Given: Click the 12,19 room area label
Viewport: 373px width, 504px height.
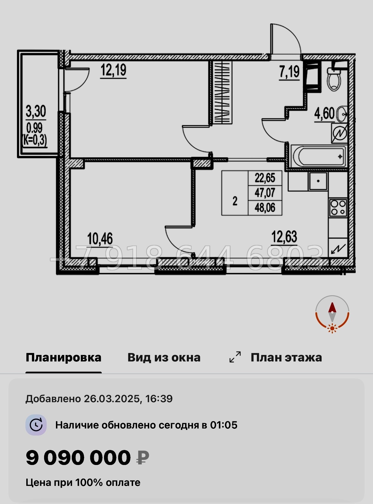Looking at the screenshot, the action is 114,70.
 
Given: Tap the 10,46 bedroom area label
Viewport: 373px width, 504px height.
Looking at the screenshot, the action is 100,239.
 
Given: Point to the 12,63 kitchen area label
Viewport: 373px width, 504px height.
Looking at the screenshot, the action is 284,237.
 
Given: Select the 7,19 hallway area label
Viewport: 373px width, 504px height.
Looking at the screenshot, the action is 289,72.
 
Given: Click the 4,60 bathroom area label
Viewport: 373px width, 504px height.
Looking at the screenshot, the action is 324,114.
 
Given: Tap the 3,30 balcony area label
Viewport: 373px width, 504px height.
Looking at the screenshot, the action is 36,111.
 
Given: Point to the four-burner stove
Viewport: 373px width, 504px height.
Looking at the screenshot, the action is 338,208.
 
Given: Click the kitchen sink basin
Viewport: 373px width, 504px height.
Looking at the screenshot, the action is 318,181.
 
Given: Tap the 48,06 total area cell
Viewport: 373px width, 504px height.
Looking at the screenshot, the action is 265,208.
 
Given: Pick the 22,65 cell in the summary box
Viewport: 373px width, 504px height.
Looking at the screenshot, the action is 265,178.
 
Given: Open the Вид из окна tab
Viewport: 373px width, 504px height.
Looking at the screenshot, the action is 164,357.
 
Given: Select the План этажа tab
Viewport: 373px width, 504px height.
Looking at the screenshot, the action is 286,357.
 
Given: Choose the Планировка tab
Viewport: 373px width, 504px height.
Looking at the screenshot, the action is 63,357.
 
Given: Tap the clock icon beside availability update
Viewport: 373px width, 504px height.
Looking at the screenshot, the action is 36,425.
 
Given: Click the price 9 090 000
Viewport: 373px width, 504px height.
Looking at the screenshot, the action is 78,458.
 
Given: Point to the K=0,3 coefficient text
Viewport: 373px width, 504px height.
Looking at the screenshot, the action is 35,141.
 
